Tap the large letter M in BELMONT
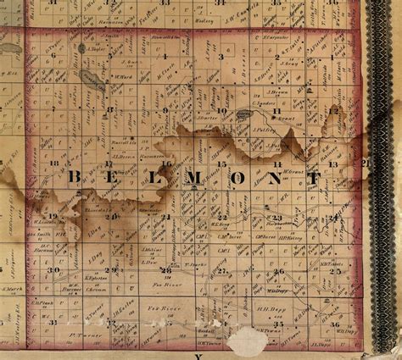[x=189, y=179]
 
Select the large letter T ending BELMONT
[x=315, y=179]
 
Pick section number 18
[x=54, y=162]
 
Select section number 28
[x=165, y=270]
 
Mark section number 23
[x=276, y=218]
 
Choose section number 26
[x=277, y=271]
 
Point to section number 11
[x=277, y=163]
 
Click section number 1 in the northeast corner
[x=333, y=56]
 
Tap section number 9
[x=165, y=109]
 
